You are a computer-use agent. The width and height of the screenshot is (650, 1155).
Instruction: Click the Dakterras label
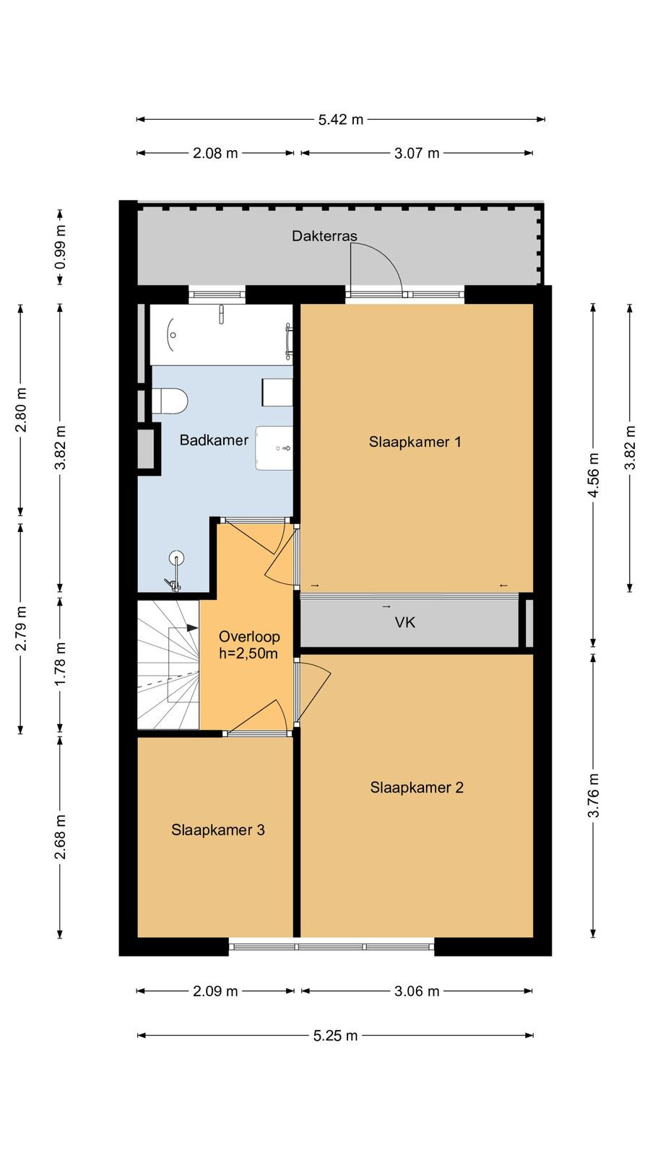pyautogui.click(x=324, y=236)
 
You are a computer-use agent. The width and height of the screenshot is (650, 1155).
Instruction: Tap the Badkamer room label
pyautogui.click(x=214, y=440)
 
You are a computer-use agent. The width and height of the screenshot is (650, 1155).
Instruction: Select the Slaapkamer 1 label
pyautogui.click(x=415, y=442)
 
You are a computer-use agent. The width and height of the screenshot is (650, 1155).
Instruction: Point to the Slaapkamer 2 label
pyautogui.click(x=417, y=788)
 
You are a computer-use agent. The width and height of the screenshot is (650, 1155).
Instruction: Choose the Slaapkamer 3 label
pyautogui.click(x=217, y=829)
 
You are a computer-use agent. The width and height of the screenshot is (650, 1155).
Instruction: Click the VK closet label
pyautogui.click(x=405, y=622)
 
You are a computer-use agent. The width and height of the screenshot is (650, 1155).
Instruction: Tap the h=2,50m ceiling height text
pyautogui.click(x=248, y=654)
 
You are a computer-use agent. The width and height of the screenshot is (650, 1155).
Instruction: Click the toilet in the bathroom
pyautogui.click(x=169, y=401)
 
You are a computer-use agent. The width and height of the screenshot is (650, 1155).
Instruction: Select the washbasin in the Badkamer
pyautogui.click(x=274, y=448)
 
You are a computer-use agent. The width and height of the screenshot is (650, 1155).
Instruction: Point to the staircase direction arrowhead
pyautogui.click(x=192, y=627)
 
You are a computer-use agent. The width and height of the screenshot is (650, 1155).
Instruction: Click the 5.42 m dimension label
pyautogui.click(x=340, y=120)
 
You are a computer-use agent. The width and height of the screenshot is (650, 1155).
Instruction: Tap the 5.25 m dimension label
pyautogui.click(x=335, y=1035)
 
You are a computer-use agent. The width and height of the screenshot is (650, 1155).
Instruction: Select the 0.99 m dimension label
pyautogui.click(x=61, y=247)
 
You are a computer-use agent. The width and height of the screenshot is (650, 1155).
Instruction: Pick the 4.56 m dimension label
pyautogui.click(x=593, y=475)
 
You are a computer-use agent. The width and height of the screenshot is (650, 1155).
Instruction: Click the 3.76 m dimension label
pyautogui.click(x=593, y=795)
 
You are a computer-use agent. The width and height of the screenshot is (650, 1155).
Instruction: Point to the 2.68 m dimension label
pyautogui.click(x=61, y=837)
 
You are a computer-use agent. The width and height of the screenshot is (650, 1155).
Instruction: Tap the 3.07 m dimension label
pyautogui.click(x=417, y=153)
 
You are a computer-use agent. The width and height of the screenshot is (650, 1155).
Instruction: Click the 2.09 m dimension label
pyautogui.click(x=215, y=991)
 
